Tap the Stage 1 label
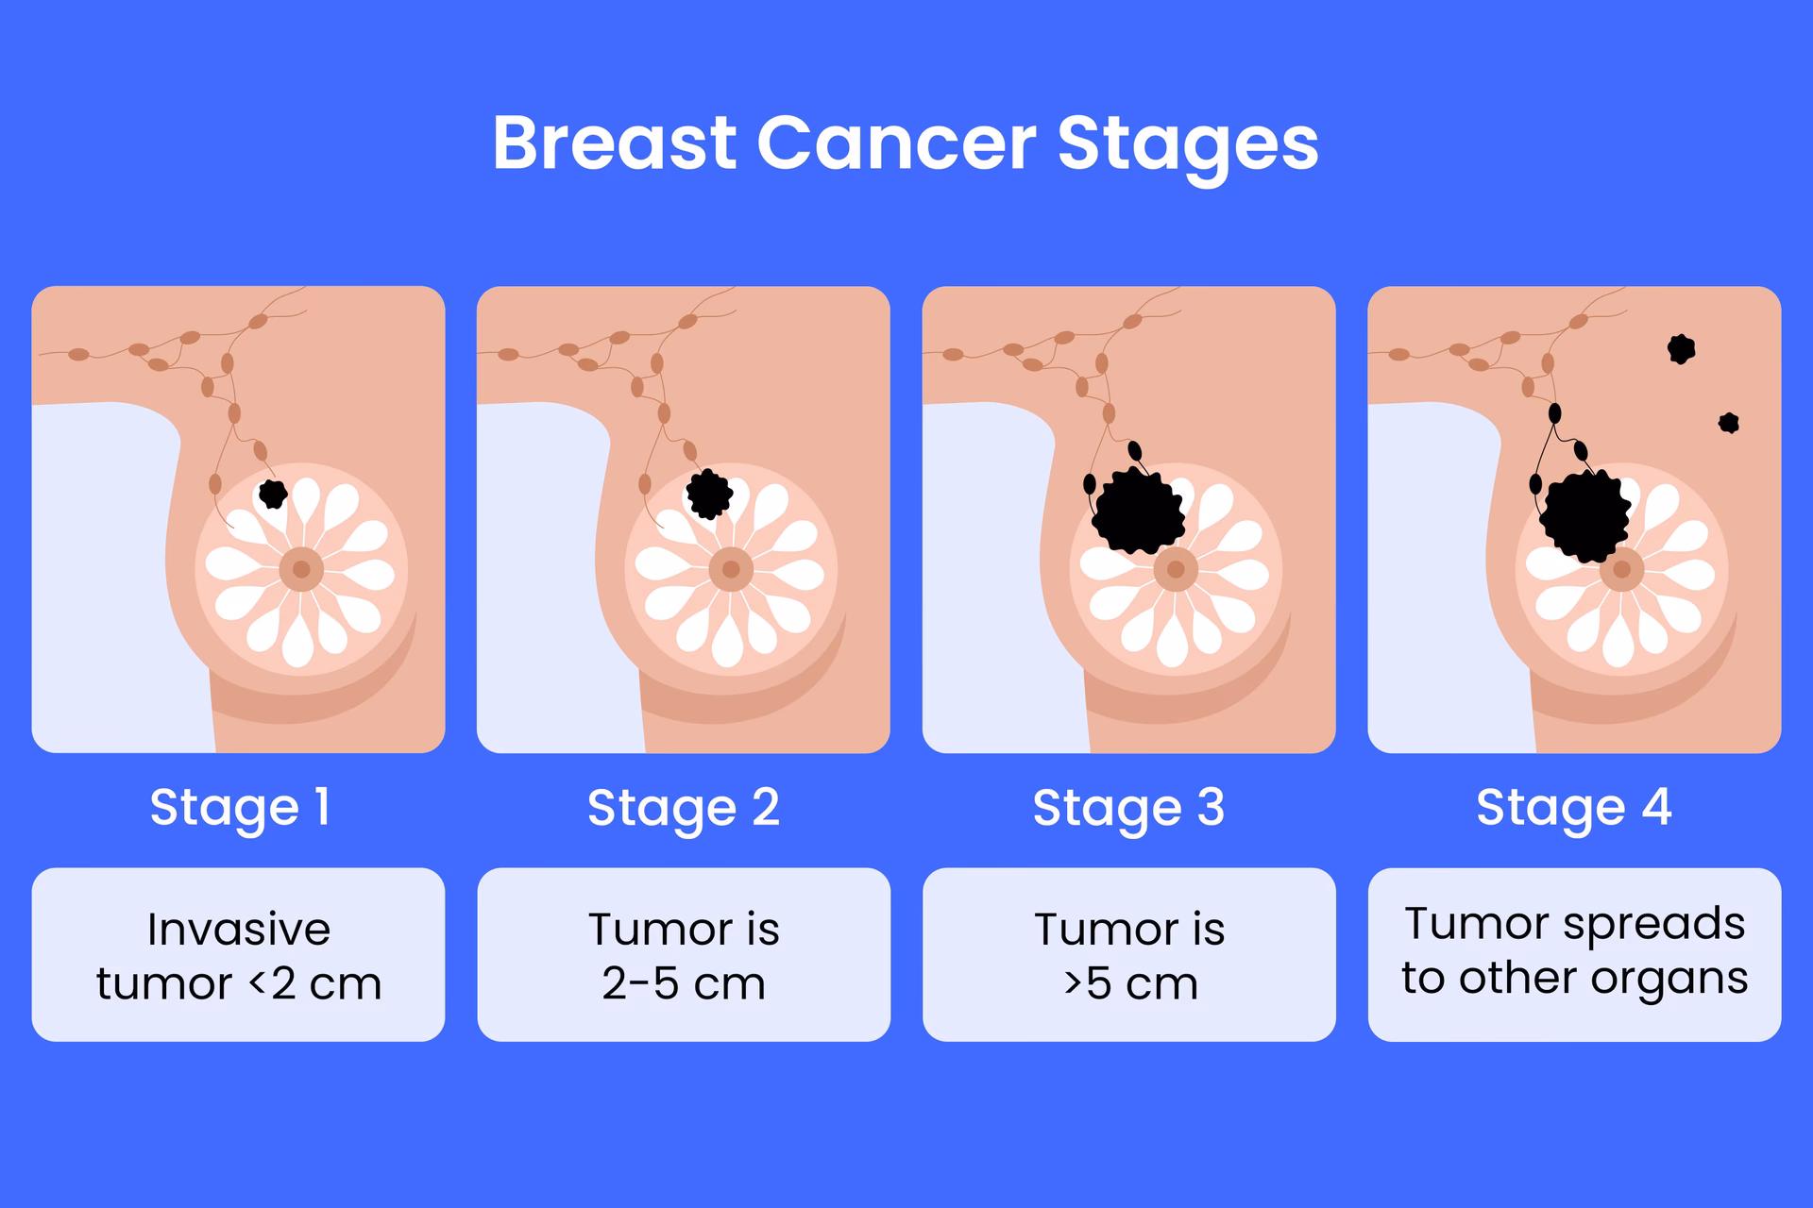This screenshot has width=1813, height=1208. coord(240,808)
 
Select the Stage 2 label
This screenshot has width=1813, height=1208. coord(684,808)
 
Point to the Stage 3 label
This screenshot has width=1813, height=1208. coord(1128,808)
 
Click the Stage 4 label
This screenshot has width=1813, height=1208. coord(1574,808)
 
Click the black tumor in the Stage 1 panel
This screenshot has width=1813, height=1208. coord(273,493)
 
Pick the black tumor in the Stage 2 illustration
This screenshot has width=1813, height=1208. coord(708,494)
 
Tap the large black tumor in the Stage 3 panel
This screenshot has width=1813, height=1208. coord(1138,512)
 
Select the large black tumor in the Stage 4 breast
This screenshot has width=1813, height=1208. coord(1586,515)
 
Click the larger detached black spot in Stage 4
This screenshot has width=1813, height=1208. coord(1681,348)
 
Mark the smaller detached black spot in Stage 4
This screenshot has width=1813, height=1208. coord(1729,422)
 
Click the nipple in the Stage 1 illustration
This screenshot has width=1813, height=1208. coord(301,569)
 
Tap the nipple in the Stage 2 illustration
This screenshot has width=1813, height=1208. coord(731,569)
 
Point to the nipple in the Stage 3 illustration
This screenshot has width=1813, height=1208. coord(1176,569)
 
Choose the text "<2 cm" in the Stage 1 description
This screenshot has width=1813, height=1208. coord(315,983)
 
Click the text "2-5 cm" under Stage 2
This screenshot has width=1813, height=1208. coord(684,983)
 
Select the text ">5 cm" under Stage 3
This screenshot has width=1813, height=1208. coord(1130,983)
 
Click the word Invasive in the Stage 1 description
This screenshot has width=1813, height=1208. coord(239,930)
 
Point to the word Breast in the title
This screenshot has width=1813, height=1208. coord(614,143)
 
